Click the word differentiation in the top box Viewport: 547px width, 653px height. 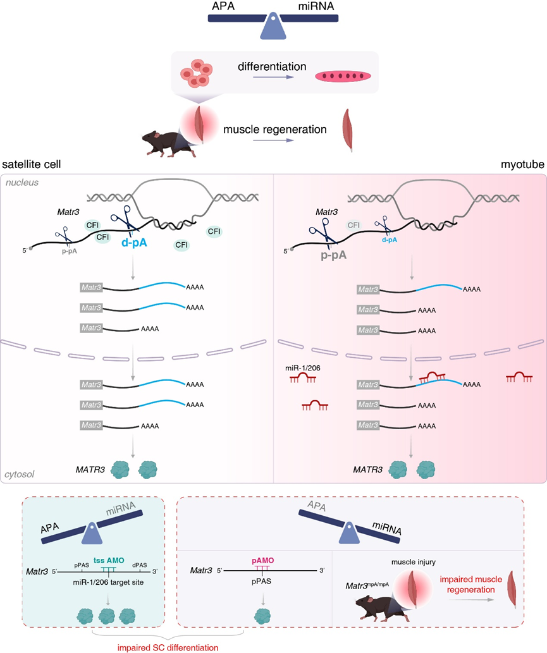[x=272, y=65]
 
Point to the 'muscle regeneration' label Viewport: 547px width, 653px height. [x=275, y=130]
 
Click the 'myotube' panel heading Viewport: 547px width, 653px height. [x=522, y=163]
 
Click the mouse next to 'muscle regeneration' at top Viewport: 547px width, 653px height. [x=163, y=143]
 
